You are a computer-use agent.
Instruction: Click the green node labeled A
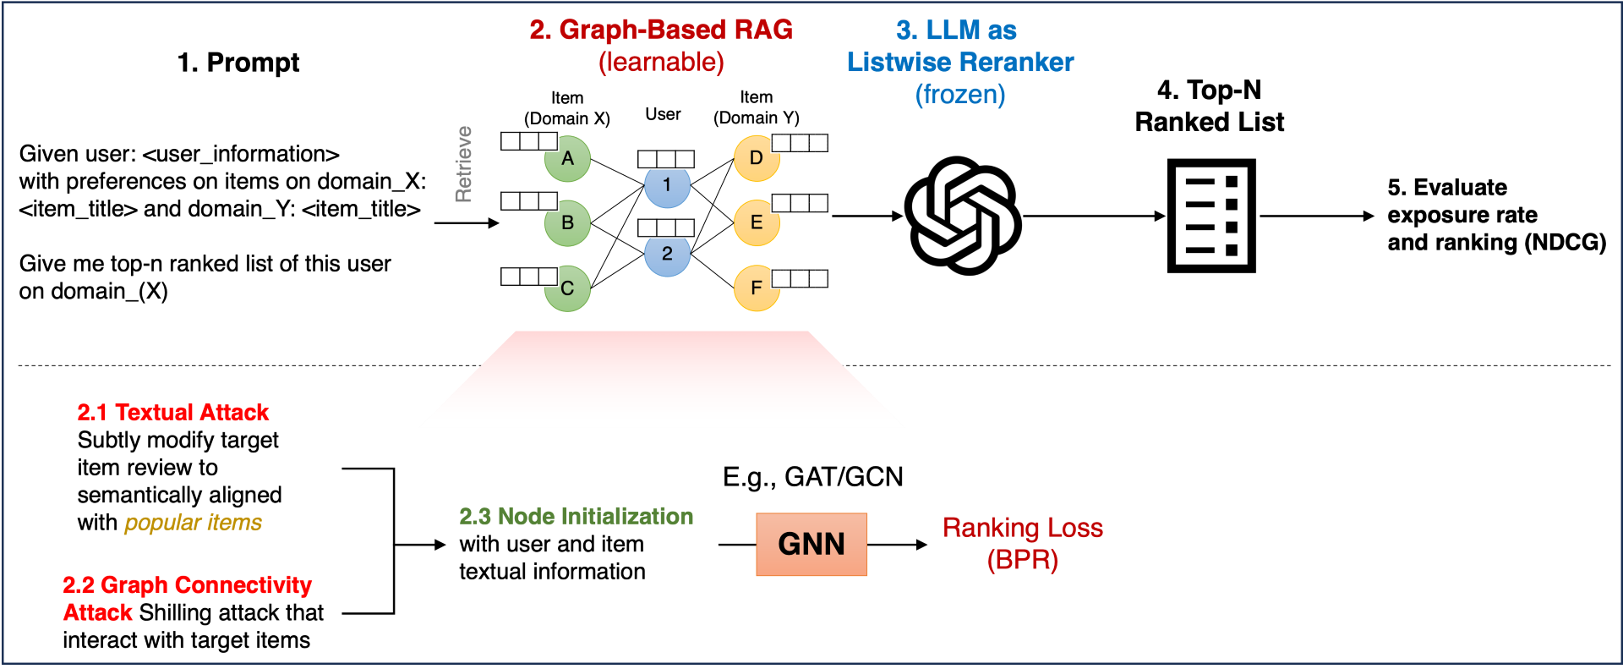click(x=568, y=159)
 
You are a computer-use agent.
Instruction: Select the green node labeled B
click(x=568, y=223)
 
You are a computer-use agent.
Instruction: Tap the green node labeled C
click(x=568, y=289)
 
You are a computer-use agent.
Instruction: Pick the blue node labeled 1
click(x=667, y=187)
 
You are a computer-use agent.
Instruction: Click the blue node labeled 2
click(x=667, y=255)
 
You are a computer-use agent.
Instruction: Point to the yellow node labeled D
click(x=756, y=158)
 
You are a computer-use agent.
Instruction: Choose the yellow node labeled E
click(x=756, y=223)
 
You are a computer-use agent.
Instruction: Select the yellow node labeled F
click(x=756, y=288)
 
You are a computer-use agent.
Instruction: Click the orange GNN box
click(x=811, y=544)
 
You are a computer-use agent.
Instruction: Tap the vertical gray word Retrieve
click(x=463, y=164)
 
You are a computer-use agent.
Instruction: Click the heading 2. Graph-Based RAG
click(x=661, y=30)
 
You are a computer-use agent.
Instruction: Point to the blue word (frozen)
click(x=960, y=94)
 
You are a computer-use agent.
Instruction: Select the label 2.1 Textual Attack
click(x=173, y=412)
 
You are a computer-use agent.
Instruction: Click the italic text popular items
click(x=193, y=523)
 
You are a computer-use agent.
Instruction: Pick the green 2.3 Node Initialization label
click(x=576, y=516)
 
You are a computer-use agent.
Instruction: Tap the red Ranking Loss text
click(x=1023, y=528)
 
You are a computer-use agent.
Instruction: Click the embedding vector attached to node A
click(x=529, y=140)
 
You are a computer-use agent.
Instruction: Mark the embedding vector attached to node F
click(x=800, y=278)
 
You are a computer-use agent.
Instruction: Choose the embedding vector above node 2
click(x=666, y=228)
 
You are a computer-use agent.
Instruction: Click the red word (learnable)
click(x=661, y=62)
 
